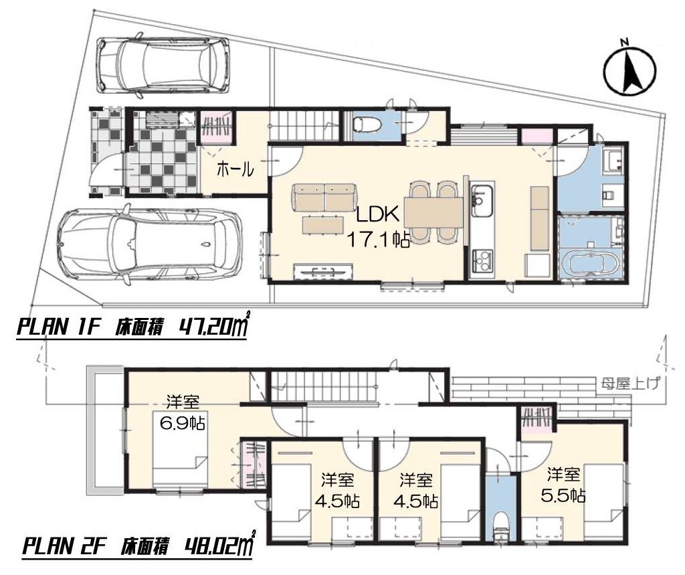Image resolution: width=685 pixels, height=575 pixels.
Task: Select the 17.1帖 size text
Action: pos(379,239)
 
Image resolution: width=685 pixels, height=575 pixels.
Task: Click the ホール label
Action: pos(235,169)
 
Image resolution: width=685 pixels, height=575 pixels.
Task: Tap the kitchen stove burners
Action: pos(482,260)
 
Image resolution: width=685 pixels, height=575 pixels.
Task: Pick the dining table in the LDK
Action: pos(433,212)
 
